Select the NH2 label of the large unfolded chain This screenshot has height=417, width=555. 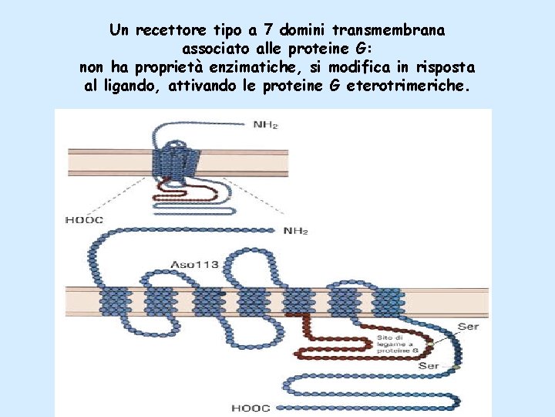296,231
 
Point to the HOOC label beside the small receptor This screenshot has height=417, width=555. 84,220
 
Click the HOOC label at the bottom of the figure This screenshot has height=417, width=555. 251,408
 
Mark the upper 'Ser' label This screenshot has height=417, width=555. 468,327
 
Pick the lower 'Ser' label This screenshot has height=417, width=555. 429,365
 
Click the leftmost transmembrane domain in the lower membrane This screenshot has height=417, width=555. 113,302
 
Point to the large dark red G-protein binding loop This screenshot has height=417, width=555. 331,347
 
